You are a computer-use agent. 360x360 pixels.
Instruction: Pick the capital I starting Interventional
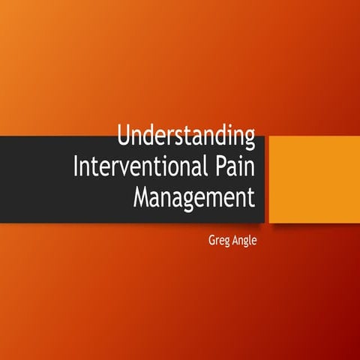(x=76, y=166)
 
